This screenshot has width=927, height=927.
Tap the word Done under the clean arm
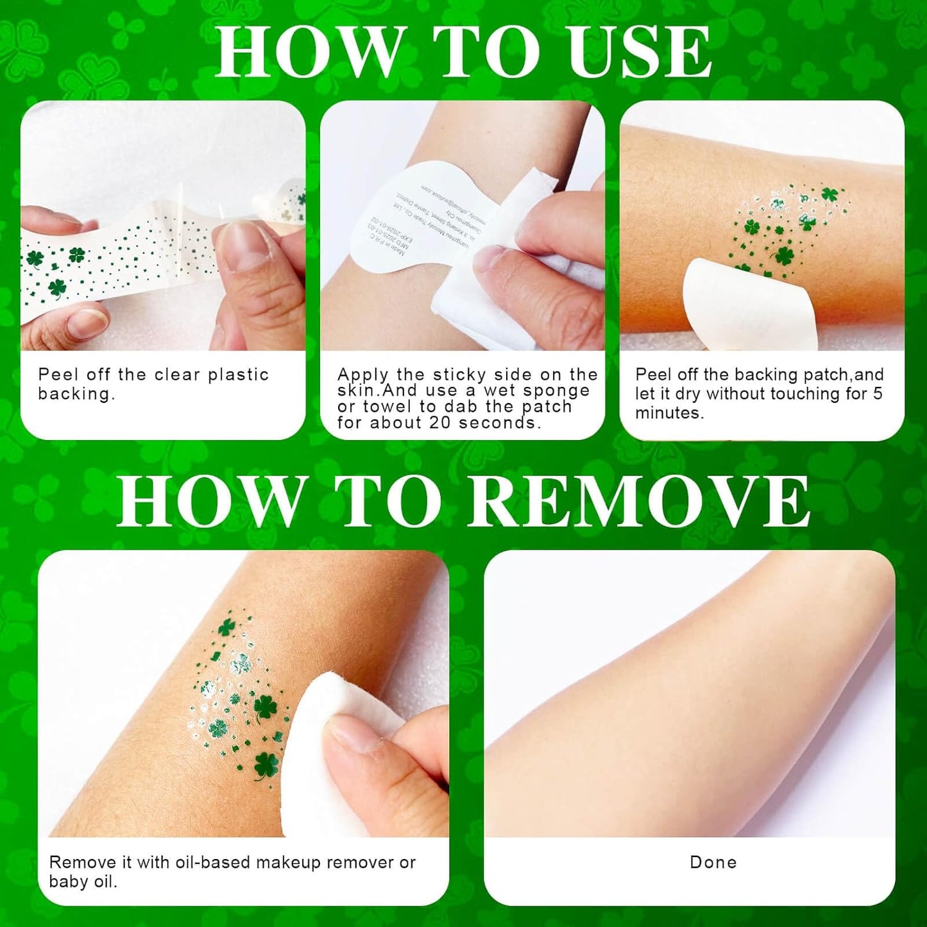pyautogui.click(x=713, y=862)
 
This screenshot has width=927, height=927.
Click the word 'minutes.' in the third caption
pyautogui.click(x=669, y=413)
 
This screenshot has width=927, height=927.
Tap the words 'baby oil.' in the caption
pyautogui.click(x=83, y=881)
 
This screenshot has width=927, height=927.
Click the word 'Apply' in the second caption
pyautogui.click(x=362, y=375)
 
